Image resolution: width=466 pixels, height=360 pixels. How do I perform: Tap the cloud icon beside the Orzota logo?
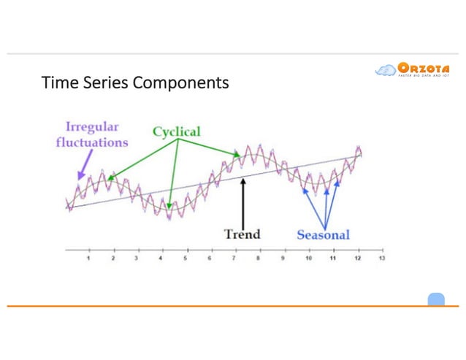385,71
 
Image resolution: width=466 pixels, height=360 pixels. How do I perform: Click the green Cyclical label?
176,131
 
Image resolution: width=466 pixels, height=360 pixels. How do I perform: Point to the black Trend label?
242,234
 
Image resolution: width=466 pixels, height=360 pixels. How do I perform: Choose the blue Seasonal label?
323,234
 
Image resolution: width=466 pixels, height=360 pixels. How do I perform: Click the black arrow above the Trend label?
242,200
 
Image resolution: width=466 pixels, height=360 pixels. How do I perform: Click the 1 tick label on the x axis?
88,259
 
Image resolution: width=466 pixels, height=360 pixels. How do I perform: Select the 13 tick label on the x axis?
382,259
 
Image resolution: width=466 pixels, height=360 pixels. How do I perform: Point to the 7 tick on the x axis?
234,259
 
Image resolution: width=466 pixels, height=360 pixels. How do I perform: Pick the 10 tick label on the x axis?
308,259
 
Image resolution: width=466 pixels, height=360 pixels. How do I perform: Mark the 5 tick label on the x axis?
186,259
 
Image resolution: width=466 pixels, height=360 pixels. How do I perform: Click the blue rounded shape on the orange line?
436,299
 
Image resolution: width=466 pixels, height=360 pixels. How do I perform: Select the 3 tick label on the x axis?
137,259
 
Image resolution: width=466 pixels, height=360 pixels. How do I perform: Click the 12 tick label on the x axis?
357,259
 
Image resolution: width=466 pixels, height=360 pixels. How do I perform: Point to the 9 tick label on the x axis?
283,259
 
